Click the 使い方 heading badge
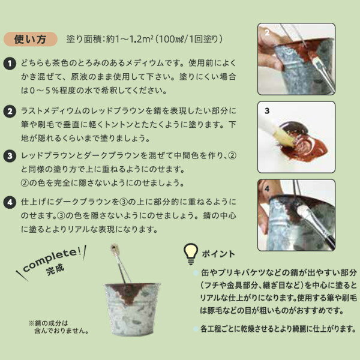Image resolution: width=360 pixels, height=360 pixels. [x=31, y=39]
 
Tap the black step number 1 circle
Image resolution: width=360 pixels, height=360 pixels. [x=10, y=64]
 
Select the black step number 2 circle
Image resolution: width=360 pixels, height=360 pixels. [x=10, y=112]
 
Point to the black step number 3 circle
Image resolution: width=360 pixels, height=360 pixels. [x=10, y=156]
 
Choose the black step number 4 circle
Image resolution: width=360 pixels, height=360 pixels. [x=10, y=203]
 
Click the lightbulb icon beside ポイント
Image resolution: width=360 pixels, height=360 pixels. [x=191, y=254]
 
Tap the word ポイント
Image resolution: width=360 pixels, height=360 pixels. [x=218, y=254]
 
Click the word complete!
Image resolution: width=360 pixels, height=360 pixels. [x=52, y=259]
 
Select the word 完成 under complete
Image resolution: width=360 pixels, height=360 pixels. [x=55, y=269]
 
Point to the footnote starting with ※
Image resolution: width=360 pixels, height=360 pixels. [x=59, y=327]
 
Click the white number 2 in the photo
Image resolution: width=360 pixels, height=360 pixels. [x=267, y=32]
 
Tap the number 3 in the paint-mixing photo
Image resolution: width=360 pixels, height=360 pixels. [x=267, y=111]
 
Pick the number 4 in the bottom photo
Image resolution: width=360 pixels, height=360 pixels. [x=267, y=189]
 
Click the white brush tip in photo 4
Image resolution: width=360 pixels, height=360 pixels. [x=303, y=210]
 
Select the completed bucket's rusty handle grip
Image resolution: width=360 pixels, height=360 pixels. [x=114, y=248]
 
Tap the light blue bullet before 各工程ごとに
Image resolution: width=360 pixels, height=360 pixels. [x=196, y=329]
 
